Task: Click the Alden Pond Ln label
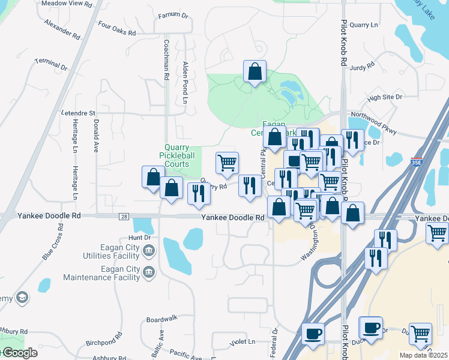tap(186, 80)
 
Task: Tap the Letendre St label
tap(78, 113)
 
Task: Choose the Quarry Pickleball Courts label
tap(178, 155)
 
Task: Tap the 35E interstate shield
tap(417, 162)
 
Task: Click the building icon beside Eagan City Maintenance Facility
tap(149, 273)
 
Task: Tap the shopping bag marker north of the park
tap(255, 72)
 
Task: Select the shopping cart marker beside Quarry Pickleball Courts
tap(227, 163)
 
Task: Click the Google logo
tap(19, 353)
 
